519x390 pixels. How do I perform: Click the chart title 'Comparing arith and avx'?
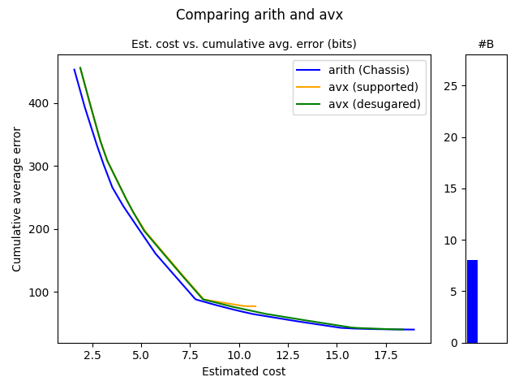coord(259,15)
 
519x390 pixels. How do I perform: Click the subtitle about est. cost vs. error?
coord(243,44)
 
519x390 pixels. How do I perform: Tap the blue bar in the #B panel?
coord(472,301)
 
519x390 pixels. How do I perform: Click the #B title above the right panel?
coord(486,44)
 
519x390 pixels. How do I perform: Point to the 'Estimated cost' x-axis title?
coord(243,372)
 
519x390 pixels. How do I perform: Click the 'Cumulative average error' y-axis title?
coord(17,199)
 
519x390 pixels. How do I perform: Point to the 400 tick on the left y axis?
coord(41,103)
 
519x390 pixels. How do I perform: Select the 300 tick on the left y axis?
coord(41,167)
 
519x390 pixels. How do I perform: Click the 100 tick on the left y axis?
coord(41,292)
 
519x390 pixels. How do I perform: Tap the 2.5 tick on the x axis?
coord(92,355)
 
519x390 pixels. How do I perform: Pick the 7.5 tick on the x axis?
coord(190,355)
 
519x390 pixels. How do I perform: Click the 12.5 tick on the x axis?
coord(288,355)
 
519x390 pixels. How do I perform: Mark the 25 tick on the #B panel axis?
coord(453,86)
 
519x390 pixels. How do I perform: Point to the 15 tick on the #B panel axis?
coord(453,188)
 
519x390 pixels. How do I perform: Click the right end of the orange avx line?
coord(255,306)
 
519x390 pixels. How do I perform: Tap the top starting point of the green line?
coord(80,67)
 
